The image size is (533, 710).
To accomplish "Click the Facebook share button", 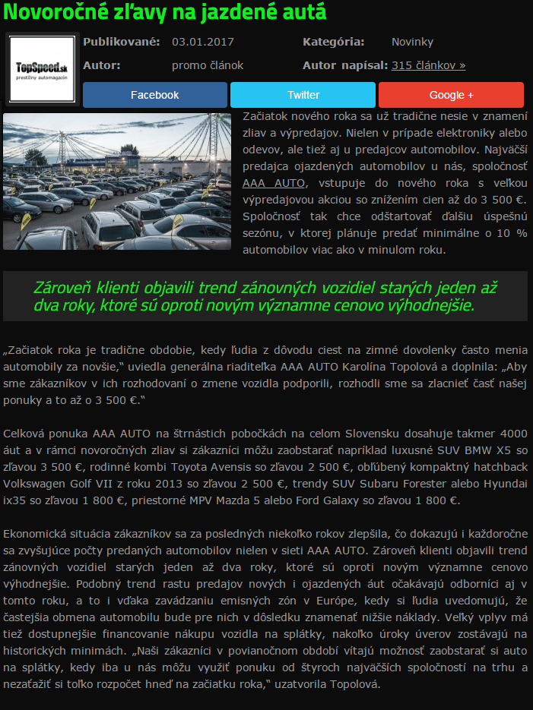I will (x=154, y=95).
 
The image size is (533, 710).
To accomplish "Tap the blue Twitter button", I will (x=303, y=95).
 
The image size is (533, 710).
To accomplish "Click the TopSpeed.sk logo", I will (x=42, y=69).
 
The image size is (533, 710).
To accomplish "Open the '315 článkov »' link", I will (x=429, y=65).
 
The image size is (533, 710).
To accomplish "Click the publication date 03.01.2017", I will (x=203, y=42).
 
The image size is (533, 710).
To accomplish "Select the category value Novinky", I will (x=412, y=42).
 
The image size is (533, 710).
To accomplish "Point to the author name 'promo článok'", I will (x=208, y=65).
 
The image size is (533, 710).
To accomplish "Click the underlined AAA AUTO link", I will (x=274, y=182).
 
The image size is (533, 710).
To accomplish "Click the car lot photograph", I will (x=117, y=181).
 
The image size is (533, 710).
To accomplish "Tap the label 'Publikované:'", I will (x=122, y=42).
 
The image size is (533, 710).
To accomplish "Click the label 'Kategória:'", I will (x=334, y=42).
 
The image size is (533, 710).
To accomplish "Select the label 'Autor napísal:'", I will (x=345, y=65).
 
